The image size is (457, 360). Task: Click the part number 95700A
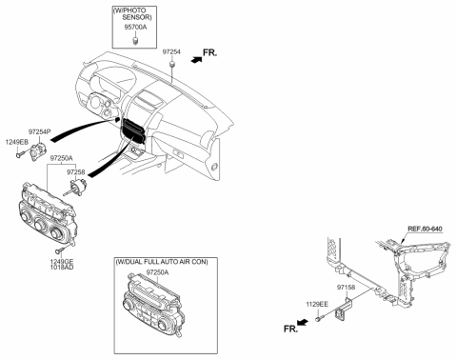coord(139,28)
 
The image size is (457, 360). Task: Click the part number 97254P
coord(41,130)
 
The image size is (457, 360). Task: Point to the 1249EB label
coord(16,141)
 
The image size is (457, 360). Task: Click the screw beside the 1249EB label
coord(19,151)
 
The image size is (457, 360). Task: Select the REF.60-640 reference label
coord(427,229)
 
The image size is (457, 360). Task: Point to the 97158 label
coord(347,285)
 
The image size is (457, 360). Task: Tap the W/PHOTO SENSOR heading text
coord(139,14)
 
